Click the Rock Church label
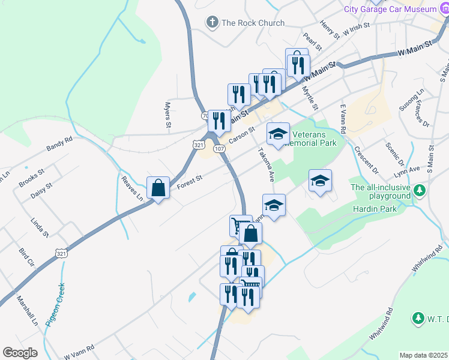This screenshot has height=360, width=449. pyautogui.click(x=253, y=23)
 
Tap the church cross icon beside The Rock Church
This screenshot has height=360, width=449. pyautogui.click(x=211, y=23)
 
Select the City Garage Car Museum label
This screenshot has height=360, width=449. pyautogui.click(x=399, y=9)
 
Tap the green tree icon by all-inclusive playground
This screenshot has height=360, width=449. pyautogui.click(x=420, y=191)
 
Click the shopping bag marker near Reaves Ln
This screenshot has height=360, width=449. pyautogui.click(x=158, y=188)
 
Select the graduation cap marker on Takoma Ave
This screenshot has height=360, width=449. pyautogui.click(x=278, y=134)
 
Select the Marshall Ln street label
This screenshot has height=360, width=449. pyautogui.click(x=27, y=310)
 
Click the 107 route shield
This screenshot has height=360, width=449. pyautogui.click(x=218, y=148)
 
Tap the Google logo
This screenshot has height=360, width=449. pyautogui.click(x=20, y=353)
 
